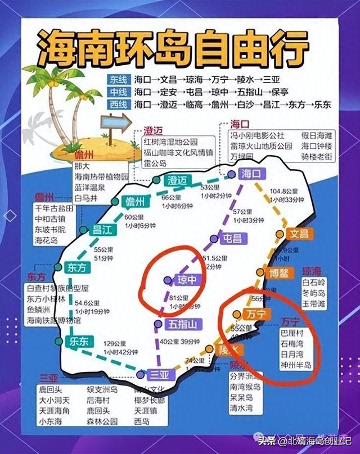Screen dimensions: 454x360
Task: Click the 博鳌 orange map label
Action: pos(279,274)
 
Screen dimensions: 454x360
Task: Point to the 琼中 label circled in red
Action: pos(186,279)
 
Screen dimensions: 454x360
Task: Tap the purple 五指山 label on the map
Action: pos(182,324)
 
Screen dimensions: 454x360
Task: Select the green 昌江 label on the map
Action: pos(102,229)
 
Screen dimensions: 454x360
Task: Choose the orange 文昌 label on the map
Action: pos(299,234)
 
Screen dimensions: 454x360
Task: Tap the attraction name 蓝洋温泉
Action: pos(93,187)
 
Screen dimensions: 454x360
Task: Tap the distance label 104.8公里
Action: pos(283,190)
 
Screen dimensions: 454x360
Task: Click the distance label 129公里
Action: pos(115,343)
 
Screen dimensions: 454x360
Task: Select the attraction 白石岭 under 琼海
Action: pos(313,283)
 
